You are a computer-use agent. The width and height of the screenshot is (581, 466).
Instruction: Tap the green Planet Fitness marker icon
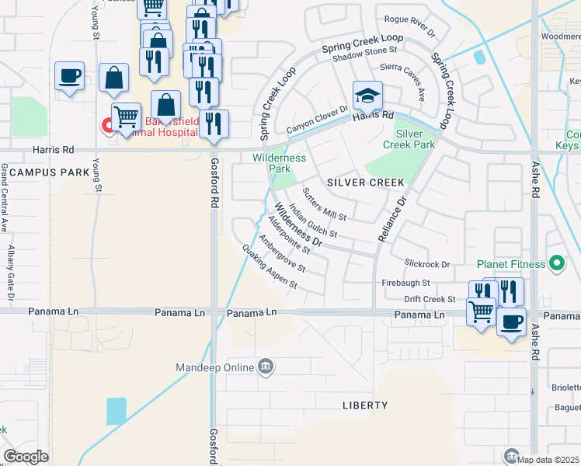click(x=556, y=264)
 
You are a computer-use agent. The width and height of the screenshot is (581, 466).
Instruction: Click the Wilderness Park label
click(x=280, y=162)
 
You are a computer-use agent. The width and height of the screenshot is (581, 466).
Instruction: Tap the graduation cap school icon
click(x=367, y=96)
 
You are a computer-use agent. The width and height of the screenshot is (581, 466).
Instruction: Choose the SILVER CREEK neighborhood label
click(x=366, y=183)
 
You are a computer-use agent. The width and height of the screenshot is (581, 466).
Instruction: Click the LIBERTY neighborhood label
click(x=365, y=405)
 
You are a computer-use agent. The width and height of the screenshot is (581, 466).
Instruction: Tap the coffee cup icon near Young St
click(x=69, y=76)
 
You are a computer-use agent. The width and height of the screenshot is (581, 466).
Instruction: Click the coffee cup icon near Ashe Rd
click(x=511, y=322)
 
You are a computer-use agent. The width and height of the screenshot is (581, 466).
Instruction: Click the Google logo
click(x=26, y=457)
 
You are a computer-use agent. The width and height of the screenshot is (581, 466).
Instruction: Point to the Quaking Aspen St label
click(x=270, y=266)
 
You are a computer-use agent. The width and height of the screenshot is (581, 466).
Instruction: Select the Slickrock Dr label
click(x=427, y=264)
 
